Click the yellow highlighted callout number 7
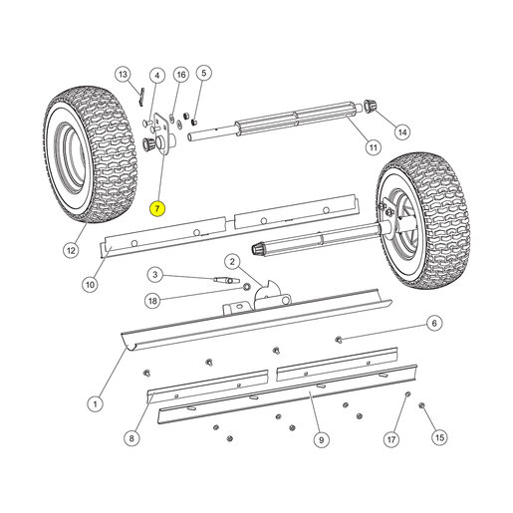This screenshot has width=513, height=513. point(157,209)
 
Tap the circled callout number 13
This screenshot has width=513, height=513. point(123,74)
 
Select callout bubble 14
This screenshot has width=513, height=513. point(402,132)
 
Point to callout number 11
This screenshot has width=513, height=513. point(374,147)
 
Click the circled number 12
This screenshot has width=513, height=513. point(71,250)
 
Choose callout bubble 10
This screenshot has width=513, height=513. point(90,285)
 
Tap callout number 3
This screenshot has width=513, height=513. point(155,275)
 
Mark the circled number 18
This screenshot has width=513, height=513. point(152,301)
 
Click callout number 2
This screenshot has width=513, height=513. point(232,262)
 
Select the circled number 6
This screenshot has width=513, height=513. point(434,323)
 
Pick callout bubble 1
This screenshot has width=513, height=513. point(96,404)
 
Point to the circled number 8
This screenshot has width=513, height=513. point(131,438)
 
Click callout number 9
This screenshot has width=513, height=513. point(321,440)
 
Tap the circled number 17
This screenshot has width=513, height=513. point(391,439)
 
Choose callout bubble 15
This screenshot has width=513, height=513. point(439,437)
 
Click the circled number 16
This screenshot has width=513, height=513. point(181,75)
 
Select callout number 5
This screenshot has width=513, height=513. point(204,73)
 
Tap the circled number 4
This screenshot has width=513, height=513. point(157,76)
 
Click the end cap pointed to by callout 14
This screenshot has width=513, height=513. point(371,105)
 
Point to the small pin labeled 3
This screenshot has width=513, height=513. point(226,280)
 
